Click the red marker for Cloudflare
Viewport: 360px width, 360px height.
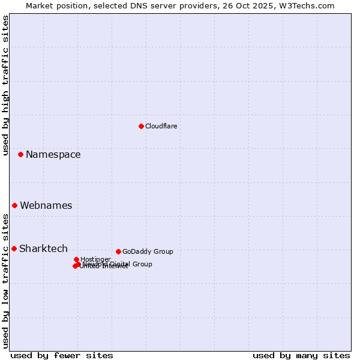point(141,126)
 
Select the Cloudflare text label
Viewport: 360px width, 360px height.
point(161,126)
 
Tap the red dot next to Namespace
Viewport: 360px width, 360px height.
point(20,154)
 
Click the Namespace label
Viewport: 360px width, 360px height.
point(53,154)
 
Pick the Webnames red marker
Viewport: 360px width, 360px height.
point(14,205)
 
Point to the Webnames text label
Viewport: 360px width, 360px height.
point(46,205)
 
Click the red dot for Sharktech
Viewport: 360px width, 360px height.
point(14,248)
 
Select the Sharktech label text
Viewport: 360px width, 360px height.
point(43,248)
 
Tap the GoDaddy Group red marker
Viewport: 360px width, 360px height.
point(118,251)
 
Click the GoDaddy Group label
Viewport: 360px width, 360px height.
point(148,251)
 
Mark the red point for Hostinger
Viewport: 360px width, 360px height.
point(76,259)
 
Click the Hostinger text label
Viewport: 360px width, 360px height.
point(95,259)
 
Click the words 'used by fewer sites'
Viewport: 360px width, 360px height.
point(62,355)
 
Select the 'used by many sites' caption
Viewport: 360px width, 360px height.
point(301,355)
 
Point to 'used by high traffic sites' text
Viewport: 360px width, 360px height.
point(6,85)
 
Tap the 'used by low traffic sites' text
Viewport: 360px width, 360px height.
point(6,281)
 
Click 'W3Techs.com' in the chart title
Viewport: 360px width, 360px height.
point(310,5)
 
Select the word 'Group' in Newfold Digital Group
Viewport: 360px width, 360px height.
point(142,264)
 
